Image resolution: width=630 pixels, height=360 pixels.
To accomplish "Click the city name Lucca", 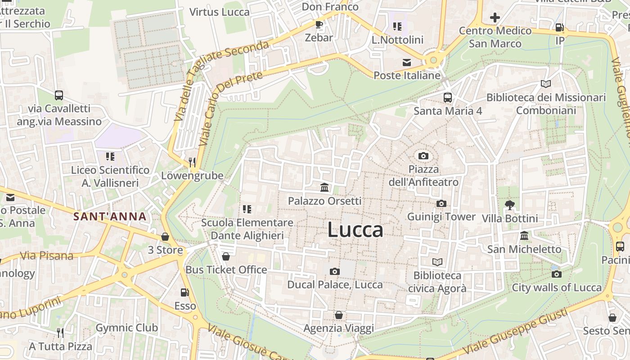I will point(355,230).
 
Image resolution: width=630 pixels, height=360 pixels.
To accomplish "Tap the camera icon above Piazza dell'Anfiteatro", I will point(423,156).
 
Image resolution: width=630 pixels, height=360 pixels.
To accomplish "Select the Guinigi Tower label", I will point(441,217).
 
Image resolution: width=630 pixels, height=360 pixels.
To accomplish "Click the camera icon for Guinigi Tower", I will point(441,203).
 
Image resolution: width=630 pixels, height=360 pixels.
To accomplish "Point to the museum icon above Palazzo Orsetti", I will point(324,187).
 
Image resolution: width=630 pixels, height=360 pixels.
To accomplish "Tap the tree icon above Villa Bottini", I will point(509,205).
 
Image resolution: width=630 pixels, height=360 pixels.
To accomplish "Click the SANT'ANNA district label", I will point(110,216).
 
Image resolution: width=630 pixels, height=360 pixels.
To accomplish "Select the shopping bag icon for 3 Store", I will point(165,237).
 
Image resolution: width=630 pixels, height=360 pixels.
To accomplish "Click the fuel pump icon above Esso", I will point(184,292).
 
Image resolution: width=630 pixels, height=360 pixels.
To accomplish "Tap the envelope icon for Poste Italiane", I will point(407,62).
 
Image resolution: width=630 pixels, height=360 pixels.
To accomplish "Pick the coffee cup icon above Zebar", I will point(319,24).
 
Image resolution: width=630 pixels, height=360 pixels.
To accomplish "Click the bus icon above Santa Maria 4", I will point(448,97).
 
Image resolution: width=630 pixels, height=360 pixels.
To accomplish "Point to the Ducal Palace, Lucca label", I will point(335,285).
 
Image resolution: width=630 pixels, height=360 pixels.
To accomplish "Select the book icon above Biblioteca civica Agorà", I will point(437,262).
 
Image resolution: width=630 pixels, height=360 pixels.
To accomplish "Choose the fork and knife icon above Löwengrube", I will point(192,162).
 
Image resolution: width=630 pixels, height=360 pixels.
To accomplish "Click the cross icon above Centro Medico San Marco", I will point(495,18).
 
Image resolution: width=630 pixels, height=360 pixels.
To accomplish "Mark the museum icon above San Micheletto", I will point(524,236).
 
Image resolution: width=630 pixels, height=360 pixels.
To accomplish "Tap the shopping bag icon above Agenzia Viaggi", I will point(338,315).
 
